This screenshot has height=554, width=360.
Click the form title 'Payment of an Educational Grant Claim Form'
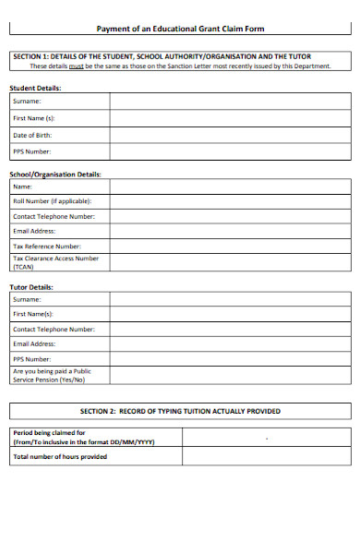[x=180, y=30]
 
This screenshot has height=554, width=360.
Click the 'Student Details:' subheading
[x=35, y=88]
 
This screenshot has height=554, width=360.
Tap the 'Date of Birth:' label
[x=32, y=135]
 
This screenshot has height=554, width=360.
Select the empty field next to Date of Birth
[x=231, y=135]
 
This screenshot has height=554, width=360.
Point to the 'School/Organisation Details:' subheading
[x=55, y=174]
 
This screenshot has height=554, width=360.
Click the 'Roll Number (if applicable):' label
[x=52, y=200]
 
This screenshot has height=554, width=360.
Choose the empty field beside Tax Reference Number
[x=231, y=247]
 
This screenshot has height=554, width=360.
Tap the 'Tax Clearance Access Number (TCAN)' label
[x=55, y=262]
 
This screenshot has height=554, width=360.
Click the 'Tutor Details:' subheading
[x=31, y=286]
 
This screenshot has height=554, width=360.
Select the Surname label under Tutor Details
[x=27, y=299]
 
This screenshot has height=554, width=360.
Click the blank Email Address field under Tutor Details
[x=231, y=343]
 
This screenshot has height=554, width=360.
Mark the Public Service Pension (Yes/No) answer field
[x=231, y=375]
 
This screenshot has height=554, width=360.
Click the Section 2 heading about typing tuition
[x=180, y=411]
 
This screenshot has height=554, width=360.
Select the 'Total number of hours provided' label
[x=60, y=456]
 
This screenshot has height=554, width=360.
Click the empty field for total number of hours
[x=267, y=456]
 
